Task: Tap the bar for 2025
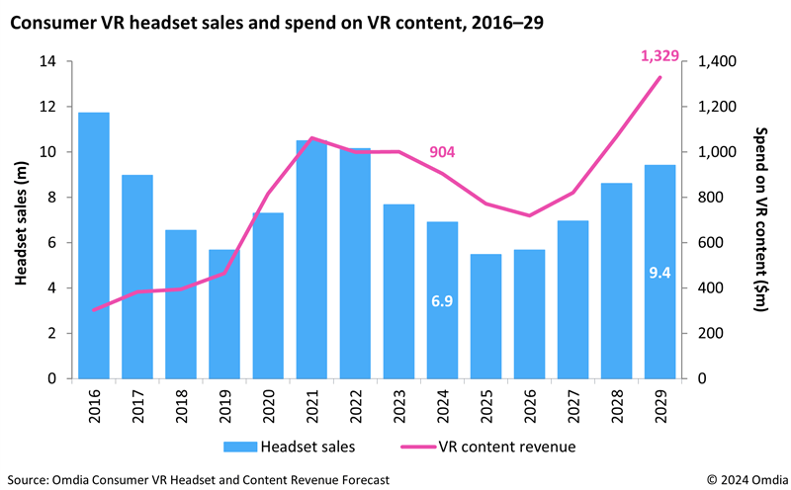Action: point(485,316)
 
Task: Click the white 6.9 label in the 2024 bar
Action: point(442,299)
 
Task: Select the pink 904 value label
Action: point(442,151)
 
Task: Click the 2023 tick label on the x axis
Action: point(398,405)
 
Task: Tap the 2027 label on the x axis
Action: point(572,405)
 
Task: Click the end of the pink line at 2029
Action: point(659,78)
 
